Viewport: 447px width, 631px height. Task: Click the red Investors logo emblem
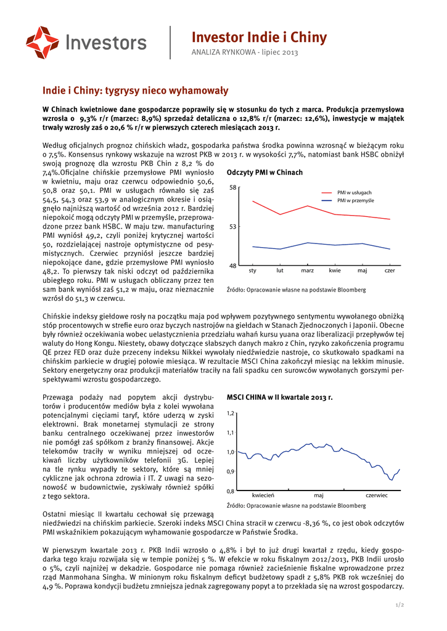click(43, 43)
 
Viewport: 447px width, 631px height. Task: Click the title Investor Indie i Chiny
click(259, 38)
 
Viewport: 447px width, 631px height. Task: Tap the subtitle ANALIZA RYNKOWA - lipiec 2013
click(245, 53)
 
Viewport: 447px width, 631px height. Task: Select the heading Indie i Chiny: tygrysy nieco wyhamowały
click(135, 91)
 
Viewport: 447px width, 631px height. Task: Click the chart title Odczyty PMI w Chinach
click(265, 173)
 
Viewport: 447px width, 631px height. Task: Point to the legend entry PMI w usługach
click(354, 193)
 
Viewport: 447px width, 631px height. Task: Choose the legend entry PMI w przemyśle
click(355, 201)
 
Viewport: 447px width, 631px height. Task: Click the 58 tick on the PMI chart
click(232, 187)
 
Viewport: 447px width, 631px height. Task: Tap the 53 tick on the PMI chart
click(232, 227)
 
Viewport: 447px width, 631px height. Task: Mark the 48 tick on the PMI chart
click(232, 266)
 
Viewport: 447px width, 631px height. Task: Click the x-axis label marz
click(307, 271)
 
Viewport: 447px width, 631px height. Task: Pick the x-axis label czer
click(390, 271)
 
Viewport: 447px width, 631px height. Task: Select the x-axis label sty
click(252, 271)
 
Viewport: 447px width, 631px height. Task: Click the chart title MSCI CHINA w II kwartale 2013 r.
click(279, 397)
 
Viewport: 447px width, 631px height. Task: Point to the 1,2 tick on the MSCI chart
click(231, 412)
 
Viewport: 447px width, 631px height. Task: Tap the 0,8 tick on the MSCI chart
click(231, 491)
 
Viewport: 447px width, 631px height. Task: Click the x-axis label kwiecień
click(263, 495)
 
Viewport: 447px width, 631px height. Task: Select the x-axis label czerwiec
click(376, 495)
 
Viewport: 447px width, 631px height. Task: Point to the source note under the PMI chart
click(296, 290)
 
